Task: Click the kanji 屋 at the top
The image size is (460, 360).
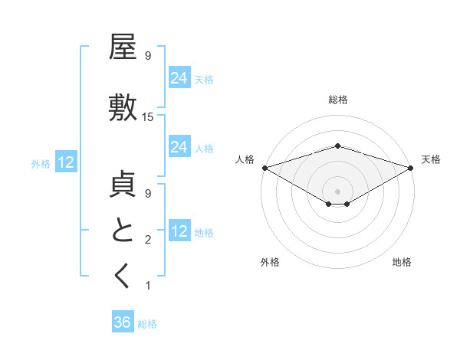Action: tap(123, 47)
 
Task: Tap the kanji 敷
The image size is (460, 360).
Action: tap(123, 107)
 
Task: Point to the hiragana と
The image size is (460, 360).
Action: tap(123, 231)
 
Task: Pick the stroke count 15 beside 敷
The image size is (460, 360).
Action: tap(148, 117)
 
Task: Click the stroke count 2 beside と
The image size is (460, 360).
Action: tap(148, 240)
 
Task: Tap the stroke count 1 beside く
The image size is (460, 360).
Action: tap(148, 286)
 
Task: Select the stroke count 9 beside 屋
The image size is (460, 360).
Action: tap(148, 56)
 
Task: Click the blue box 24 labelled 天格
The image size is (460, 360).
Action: tap(179, 77)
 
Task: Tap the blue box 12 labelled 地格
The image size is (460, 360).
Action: tap(179, 231)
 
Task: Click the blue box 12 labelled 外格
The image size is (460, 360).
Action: tap(65, 162)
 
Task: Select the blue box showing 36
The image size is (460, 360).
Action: tap(122, 322)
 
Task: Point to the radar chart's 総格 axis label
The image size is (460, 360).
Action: tap(337, 100)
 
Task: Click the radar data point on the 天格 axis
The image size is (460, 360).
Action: tap(411, 168)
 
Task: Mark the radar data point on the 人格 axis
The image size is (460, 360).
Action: tap(264, 168)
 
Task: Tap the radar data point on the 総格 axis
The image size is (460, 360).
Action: tap(337, 146)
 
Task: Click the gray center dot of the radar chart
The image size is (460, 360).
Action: tap(337, 190)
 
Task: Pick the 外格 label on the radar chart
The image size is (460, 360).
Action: tap(270, 262)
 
